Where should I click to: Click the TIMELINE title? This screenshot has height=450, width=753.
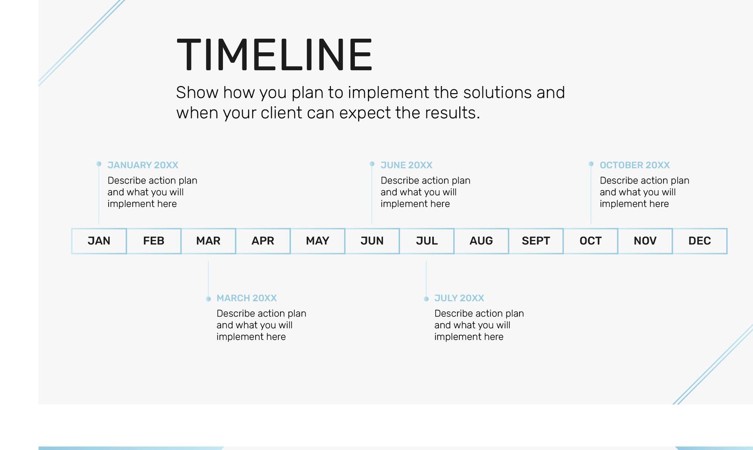tap(274, 55)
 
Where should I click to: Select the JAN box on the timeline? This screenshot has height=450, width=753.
tap(99, 241)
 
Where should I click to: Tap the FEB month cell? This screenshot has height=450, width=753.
tap(154, 241)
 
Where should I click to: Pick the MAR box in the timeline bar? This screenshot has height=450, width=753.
tap(208, 241)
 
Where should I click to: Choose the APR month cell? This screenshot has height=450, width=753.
tap(263, 241)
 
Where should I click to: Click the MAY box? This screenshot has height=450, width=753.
tap(318, 241)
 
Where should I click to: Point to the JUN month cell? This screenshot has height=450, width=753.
tap(372, 241)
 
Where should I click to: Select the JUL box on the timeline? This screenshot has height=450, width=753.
tap(427, 241)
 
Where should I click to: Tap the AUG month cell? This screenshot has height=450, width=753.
tap(481, 241)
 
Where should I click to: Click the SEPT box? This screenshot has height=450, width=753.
tap(536, 241)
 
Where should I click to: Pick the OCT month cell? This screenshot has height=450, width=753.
tap(591, 241)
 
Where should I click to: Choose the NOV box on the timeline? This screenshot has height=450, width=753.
tap(645, 241)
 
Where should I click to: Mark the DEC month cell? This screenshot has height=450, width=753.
tap(700, 241)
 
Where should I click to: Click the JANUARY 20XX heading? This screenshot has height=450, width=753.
tap(143, 165)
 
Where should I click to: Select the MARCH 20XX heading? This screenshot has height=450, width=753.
tap(247, 298)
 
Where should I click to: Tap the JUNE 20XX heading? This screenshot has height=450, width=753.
tap(407, 165)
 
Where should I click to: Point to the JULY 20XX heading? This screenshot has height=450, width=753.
tap(459, 298)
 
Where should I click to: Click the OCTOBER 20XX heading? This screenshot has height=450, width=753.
tap(635, 165)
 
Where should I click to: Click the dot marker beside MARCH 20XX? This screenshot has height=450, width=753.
tap(208, 299)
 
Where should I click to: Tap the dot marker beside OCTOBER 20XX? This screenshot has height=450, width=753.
tap(591, 164)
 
